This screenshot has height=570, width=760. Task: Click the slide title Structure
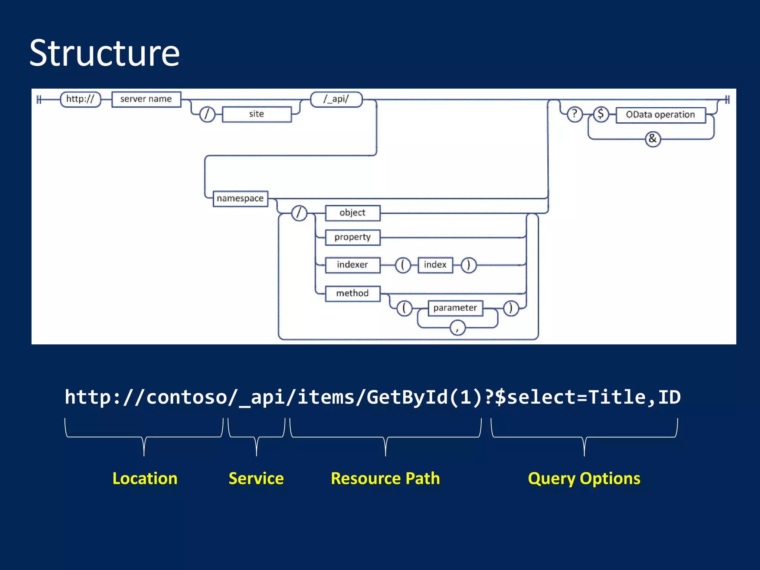104,53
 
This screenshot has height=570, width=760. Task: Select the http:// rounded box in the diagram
80,99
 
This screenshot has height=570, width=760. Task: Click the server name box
146,99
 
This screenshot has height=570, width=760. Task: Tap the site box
256,114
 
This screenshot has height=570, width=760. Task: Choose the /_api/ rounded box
336,99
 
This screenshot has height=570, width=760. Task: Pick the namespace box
240,199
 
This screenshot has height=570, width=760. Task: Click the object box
353,213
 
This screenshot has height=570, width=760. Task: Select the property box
353,237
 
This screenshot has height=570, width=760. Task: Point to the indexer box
353,265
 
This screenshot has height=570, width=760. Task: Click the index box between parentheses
435,265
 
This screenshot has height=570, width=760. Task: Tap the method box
353,294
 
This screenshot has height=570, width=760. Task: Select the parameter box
455,308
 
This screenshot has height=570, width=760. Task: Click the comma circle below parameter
457,328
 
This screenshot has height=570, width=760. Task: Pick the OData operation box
660,115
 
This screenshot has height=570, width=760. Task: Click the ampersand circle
653,139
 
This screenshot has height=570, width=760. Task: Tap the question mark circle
574,114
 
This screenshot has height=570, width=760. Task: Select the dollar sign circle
601,114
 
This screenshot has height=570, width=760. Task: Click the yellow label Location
145,478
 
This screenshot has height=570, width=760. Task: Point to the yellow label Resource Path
385,478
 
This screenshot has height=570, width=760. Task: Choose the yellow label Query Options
584,478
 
